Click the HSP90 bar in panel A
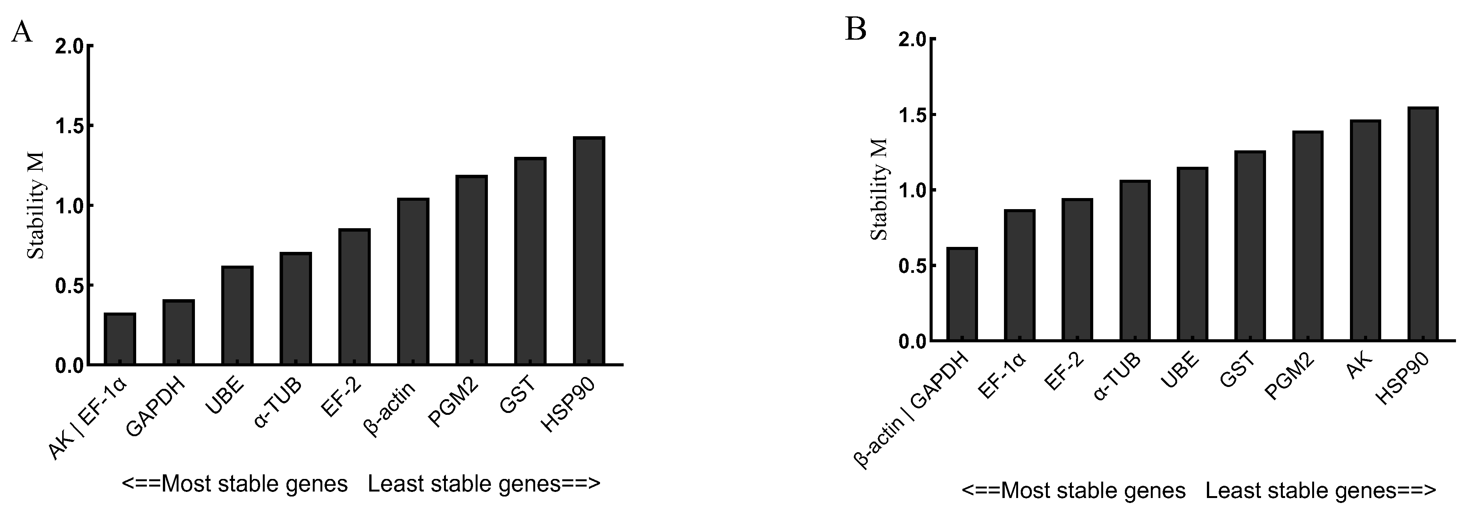point(588,251)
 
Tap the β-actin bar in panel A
point(413,281)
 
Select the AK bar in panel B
point(1365,230)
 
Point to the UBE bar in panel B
point(1192,255)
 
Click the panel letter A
point(22,32)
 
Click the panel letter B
point(856,29)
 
